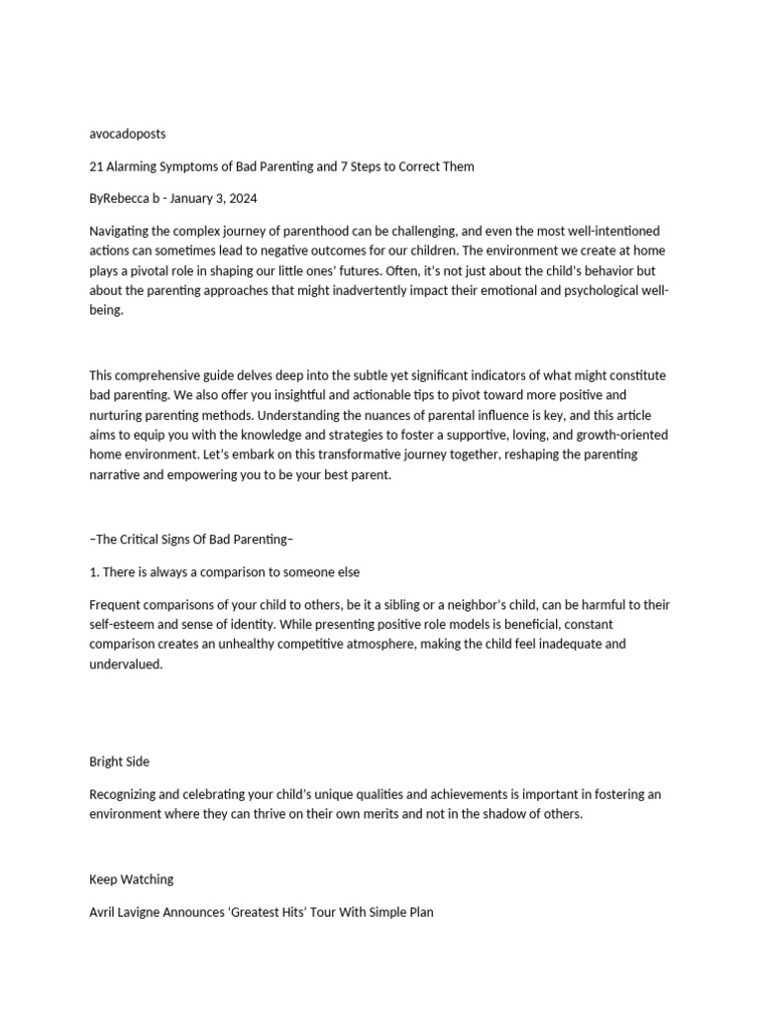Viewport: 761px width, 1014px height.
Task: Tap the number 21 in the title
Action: click(x=96, y=166)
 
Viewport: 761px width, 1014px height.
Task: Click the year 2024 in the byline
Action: click(x=242, y=199)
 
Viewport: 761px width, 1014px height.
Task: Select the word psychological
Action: click(x=578, y=290)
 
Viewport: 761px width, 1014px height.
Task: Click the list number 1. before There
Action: click(x=94, y=572)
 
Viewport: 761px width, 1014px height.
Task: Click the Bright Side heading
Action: click(x=120, y=761)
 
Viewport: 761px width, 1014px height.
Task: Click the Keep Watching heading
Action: click(x=131, y=879)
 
